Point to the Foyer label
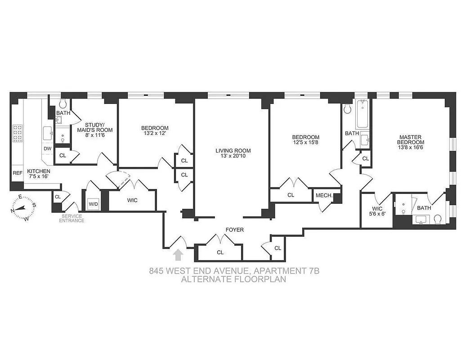[x=234, y=230]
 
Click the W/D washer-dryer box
[x=94, y=203]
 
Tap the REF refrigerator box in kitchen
[x=18, y=173]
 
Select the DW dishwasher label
[x=48, y=148]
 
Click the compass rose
[x=22, y=207]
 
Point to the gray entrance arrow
[x=179, y=255]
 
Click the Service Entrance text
[x=72, y=218]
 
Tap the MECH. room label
[x=324, y=195]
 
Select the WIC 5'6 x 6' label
[x=376, y=211]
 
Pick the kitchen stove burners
[x=18, y=133]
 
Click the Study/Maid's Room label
[x=95, y=127]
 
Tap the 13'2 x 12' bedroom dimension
[x=155, y=134]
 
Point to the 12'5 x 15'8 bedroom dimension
[x=306, y=143]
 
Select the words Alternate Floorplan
[x=233, y=279]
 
